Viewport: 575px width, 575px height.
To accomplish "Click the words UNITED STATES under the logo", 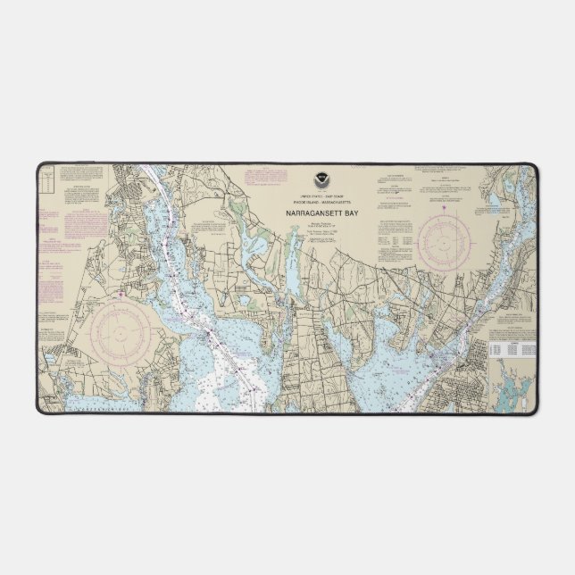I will pyautogui.click(x=297, y=196).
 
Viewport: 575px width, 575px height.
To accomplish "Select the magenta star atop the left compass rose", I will pyautogui.click(x=121, y=292).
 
